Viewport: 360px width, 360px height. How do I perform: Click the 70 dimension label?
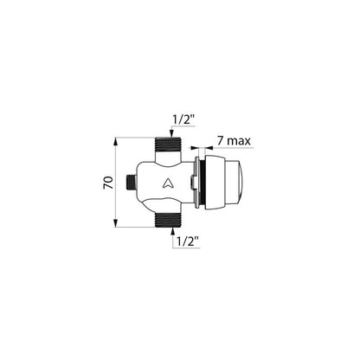click(x=108, y=183)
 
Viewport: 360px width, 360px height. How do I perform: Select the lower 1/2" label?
click(x=188, y=241)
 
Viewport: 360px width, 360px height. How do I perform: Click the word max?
click(x=238, y=141)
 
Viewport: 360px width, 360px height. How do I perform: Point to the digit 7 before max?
click(x=220, y=141)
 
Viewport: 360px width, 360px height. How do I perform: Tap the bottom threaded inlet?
click(x=167, y=220)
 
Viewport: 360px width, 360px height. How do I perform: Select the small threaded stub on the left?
click(x=131, y=183)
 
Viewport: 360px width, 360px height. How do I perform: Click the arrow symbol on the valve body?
click(x=167, y=183)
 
